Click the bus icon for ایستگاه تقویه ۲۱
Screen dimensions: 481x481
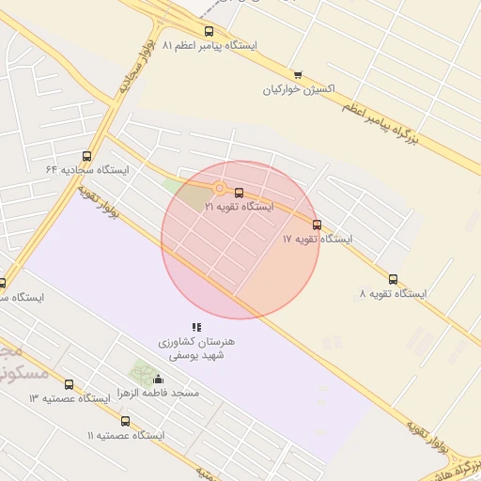click(239, 194)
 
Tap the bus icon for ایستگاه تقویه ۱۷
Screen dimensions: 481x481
click(317, 225)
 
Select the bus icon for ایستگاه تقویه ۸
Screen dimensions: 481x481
click(393, 279)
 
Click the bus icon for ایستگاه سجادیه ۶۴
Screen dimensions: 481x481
click(87, 156)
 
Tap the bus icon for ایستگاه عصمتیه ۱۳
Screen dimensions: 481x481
click(69, 384)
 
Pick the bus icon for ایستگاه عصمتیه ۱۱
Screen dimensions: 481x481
click(125, 421)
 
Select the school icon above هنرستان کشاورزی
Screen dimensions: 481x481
click(196, 327)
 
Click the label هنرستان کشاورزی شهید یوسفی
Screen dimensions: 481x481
click(196, 349)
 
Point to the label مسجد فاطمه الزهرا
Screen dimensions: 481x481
click(158, 393)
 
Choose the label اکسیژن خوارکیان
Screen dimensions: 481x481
click(299, 90)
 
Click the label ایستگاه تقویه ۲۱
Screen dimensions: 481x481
click(239, 207)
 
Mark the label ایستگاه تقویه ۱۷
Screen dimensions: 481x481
click(318, 240)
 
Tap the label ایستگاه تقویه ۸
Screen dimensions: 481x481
click(393, 294)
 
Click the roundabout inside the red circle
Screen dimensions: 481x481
click(219, 188)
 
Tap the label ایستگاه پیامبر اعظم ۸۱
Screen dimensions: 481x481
click(210, 45)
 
